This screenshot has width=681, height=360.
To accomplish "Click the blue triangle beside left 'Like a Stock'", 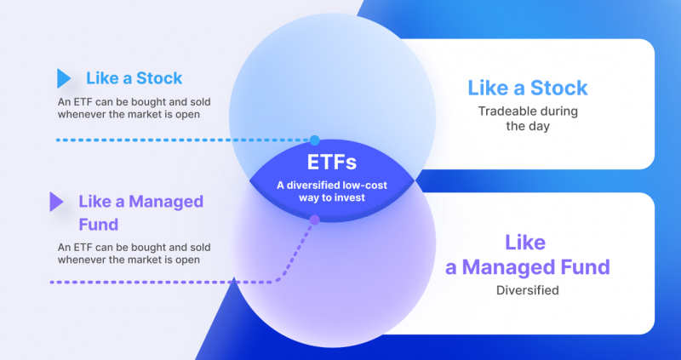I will (63, 79).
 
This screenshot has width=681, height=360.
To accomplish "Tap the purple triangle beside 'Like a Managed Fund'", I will (56, 202).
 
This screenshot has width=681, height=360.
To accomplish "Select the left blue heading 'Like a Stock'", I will (134, 78).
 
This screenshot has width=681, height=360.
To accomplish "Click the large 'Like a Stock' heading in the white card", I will (527, 88).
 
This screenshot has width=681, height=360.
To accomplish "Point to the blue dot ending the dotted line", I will (315, 140).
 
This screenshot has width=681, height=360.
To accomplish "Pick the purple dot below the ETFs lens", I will (314, 220).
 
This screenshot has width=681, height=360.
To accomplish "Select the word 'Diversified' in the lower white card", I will (527, 290).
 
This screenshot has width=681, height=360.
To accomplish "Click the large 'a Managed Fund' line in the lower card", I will (528, 267).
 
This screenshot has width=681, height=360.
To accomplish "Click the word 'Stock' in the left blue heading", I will (158, 78).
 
